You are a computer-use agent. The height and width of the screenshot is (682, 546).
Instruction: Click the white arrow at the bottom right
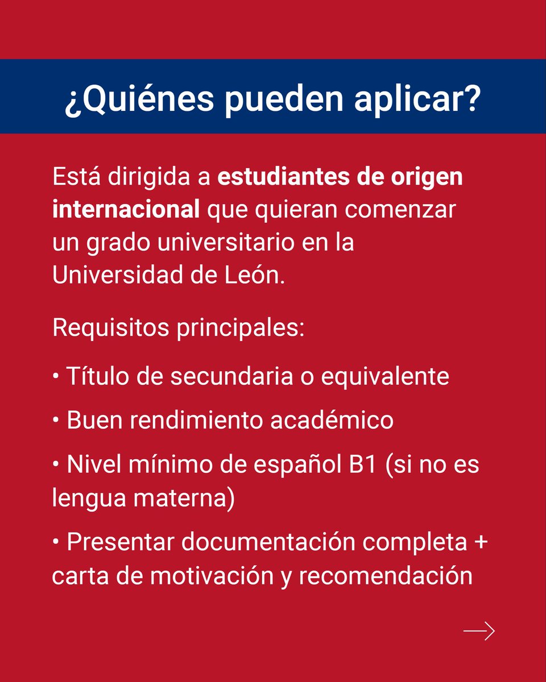(479, 631)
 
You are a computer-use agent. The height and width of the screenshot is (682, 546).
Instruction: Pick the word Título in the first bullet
(98, 376)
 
